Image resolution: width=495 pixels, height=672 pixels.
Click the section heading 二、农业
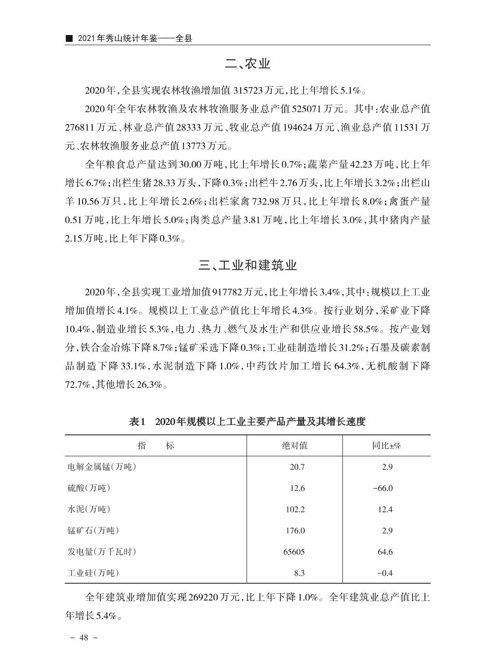[247, 64]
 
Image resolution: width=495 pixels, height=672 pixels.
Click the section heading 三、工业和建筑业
[247, 265]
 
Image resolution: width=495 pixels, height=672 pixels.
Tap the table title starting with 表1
[247, 421]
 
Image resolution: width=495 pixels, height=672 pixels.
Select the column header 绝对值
[295, 446]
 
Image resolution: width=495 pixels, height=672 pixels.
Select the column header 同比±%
[386, 446]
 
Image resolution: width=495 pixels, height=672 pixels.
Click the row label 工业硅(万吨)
[93, 573]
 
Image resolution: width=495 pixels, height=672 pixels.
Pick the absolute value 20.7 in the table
[297, 467]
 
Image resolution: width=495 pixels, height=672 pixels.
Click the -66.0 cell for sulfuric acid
[383, 488]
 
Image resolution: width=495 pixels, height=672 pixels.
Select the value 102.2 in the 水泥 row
[295, 509]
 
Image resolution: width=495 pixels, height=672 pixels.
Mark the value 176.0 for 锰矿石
[295, 531]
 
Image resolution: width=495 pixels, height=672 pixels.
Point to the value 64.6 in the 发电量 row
[385, 552]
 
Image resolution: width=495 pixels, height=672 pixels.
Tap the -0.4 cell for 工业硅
[385, 573]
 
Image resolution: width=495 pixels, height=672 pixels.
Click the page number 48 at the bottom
[83, 638]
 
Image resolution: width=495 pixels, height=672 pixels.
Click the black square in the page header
[69, 38]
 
